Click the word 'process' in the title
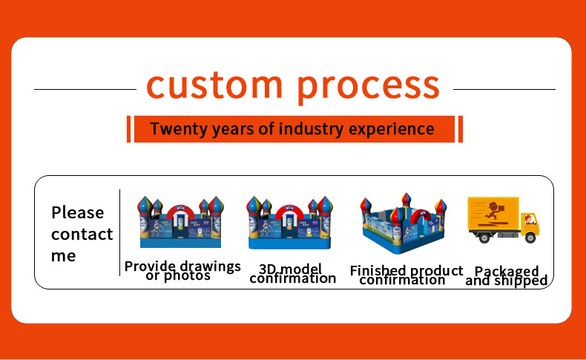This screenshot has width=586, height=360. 369,86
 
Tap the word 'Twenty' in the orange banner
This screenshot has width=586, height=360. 176,129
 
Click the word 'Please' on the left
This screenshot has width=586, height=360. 77,213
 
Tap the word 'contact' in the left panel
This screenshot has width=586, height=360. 82,235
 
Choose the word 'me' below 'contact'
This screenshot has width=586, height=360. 64,256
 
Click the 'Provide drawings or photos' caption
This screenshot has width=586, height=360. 182,271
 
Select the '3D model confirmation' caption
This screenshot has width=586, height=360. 292,273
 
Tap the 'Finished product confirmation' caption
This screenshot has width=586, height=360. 406,275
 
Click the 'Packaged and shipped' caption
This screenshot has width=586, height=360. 507,276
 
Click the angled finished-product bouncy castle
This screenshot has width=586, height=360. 403,226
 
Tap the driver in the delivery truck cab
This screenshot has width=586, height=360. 528,220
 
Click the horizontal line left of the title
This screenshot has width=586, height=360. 85,89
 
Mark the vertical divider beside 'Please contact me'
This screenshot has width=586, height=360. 119,232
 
